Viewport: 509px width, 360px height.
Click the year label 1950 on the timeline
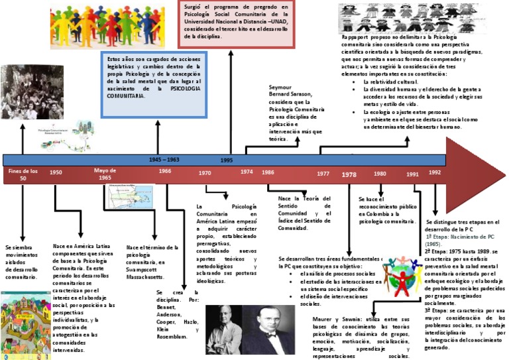click(56, 172)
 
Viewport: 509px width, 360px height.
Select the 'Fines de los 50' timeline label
click(23, 174)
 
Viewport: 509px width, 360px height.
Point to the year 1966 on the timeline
click(165, 170)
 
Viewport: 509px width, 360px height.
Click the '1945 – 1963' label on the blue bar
click(164, 160)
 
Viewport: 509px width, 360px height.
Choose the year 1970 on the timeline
click(205, 172)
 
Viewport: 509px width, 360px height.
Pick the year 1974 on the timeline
click(246, 172)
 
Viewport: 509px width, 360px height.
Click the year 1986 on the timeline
click(268, 172)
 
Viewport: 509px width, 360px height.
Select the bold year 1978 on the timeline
click(349, 174)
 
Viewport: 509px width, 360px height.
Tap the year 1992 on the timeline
click(435, 172)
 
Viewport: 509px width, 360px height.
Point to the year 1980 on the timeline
click(380, 174)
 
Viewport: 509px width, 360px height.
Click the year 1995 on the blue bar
click(227, 160)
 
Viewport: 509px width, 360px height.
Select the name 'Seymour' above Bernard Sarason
click(280, 87)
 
